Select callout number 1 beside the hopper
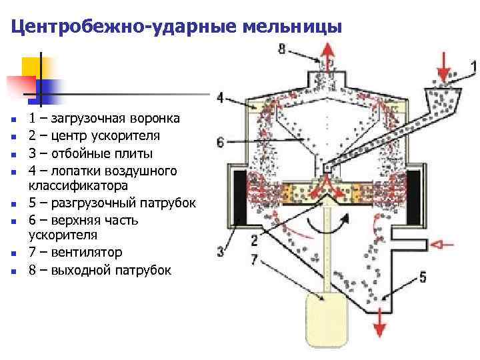coord(473,66)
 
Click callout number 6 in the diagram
coord(221,141)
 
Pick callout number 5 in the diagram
coord(423,276)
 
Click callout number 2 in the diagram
coord(254,240)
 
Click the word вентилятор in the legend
coord(85,253)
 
